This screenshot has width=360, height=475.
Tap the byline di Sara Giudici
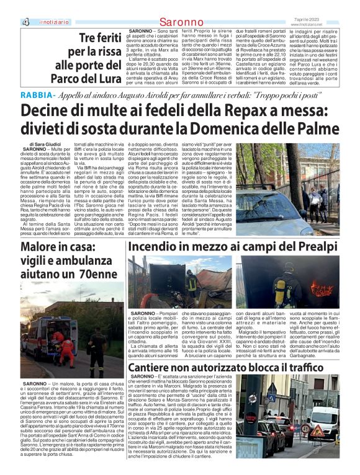tap(37, 144)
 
